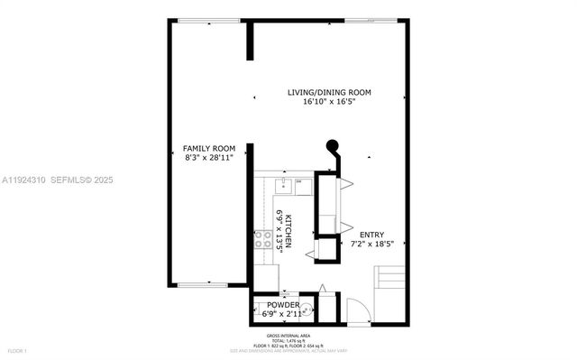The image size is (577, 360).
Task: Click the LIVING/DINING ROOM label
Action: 329,92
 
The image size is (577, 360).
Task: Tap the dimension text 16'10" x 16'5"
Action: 329,102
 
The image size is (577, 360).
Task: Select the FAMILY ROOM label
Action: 208,148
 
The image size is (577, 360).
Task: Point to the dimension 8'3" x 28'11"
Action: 208,158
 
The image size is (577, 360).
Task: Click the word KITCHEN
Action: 289,232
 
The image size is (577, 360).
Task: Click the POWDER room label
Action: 282,305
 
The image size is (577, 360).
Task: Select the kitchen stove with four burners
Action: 263,239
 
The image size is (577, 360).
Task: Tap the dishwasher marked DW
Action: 300,185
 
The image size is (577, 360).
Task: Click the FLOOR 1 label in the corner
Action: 16,350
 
